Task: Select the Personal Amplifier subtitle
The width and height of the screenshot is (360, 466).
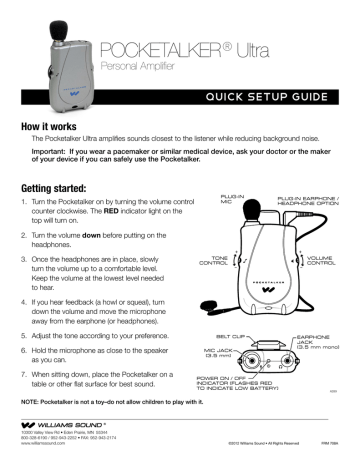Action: coord(141,69)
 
